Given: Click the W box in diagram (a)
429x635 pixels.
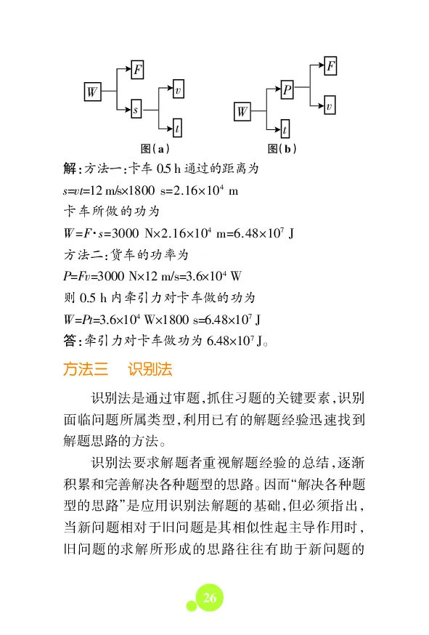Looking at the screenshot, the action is (91, 92).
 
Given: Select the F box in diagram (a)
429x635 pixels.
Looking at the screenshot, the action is (137, 70).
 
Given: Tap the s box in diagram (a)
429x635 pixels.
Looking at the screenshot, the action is (135, 110).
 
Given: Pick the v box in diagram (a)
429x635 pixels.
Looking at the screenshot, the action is (177, 91).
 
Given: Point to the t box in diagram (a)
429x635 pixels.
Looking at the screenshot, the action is (177, 129).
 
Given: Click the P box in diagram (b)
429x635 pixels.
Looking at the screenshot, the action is (287, 91).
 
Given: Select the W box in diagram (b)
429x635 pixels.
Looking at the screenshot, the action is (242, 111).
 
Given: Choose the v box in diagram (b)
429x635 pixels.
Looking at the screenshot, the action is (329, 107).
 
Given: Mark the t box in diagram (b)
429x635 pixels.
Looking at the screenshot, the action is (285, 131).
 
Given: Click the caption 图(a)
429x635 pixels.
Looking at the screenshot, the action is (155, 148).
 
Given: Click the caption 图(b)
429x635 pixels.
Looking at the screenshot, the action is (282, 148).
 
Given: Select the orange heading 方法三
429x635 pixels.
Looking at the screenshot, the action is (85, 369).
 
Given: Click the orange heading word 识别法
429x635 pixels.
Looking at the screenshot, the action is (150, 369).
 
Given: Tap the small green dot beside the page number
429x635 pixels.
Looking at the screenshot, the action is (191, 605).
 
